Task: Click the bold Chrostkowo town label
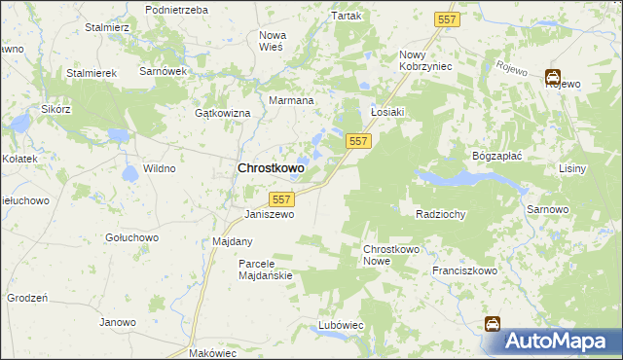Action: (271, 168)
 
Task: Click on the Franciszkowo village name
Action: (464, 271)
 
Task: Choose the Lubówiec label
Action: (341, 324)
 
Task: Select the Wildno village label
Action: (159, 168)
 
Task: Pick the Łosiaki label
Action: (387, 111)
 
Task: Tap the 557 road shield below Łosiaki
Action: (358, 142)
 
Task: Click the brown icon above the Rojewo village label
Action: (553, 76)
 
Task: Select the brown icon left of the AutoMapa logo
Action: (494, 324)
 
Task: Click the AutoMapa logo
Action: (562, 342)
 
